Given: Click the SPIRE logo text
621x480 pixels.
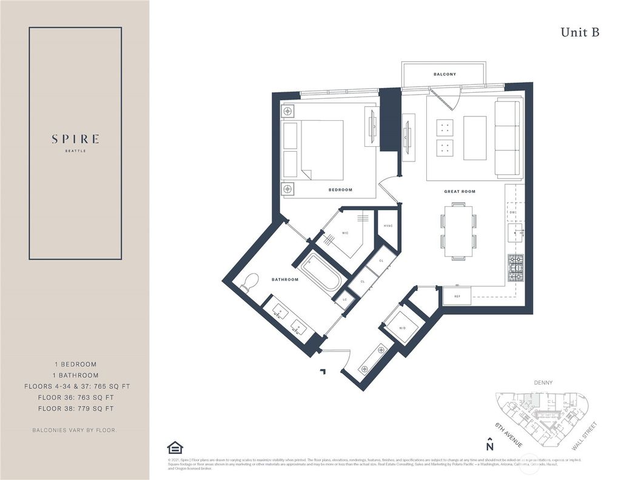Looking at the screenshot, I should tap(75, 139).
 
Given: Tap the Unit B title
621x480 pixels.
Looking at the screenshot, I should tap(580, 33).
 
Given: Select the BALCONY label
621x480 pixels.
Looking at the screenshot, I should tap(445, 74).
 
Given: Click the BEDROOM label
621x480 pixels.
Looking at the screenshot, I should tap(340, 190).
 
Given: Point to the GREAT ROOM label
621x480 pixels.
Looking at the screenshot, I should tap(459, 191).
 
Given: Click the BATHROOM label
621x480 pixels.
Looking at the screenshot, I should tap(285, 280).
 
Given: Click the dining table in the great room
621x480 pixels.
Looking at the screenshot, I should tap(458, 231).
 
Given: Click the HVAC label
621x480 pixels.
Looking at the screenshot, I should tap(388, 226).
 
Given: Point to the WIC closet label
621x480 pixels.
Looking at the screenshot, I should tap(344, 232).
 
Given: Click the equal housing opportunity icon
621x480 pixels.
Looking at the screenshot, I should tap(175, 448).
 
